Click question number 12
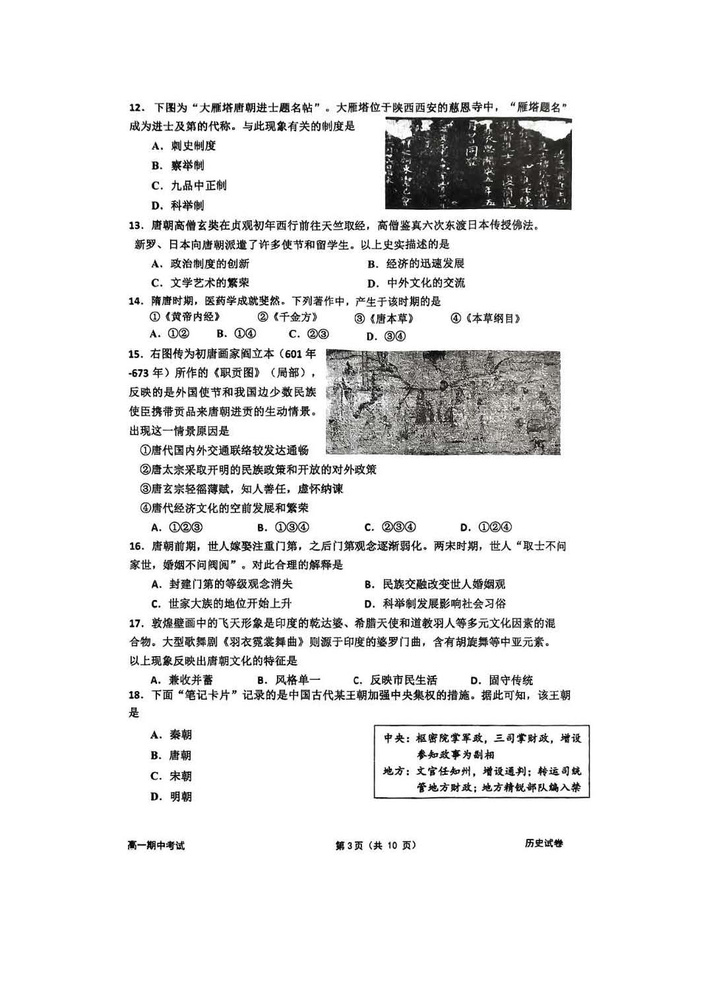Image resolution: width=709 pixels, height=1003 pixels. (x=135, y=107)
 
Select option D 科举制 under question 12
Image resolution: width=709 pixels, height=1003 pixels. (x=178, y=205)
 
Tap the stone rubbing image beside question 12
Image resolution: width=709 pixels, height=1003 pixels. (x=478, y=163)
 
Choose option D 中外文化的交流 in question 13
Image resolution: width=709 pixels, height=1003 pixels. (x=417, y=283)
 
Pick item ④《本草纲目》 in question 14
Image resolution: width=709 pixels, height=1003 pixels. (x=486, y=319)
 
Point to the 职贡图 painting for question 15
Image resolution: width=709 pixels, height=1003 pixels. (x=443, y=402)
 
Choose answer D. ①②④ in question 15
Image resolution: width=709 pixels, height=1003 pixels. (x=486, y=527)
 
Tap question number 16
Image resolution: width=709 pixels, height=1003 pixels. (x=136, y=546)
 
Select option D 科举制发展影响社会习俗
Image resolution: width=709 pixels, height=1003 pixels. (x=435, y=603)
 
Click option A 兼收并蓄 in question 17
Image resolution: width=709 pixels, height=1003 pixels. (x=182, y=680)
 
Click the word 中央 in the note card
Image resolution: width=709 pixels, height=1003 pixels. (x=395, y=739)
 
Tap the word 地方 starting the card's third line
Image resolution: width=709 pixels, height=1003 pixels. (x=395, y=771)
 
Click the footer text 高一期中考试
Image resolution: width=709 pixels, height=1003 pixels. (x=156, y=845)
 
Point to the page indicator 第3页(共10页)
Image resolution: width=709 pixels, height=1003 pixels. (x=377, y=845)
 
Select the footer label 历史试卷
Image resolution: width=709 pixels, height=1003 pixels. (x=544, y=843)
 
